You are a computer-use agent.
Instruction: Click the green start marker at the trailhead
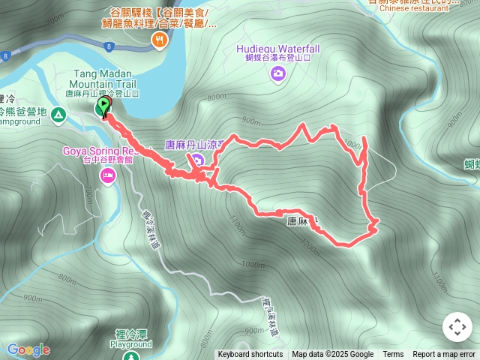[103, 107]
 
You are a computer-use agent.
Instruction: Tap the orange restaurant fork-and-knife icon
[158, 40]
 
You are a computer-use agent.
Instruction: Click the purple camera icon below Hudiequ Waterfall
[278, 73]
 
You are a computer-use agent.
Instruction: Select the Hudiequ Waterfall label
[277, 49]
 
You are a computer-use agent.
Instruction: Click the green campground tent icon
[58, 115]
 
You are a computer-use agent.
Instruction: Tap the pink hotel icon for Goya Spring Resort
[107, 175]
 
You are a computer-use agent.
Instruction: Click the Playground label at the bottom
[130, 344]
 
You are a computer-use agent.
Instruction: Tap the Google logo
[28, 349]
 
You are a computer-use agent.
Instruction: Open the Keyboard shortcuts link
[250, 355]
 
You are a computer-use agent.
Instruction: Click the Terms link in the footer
[393, 355]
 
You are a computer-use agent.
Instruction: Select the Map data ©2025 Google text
[333, 355]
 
